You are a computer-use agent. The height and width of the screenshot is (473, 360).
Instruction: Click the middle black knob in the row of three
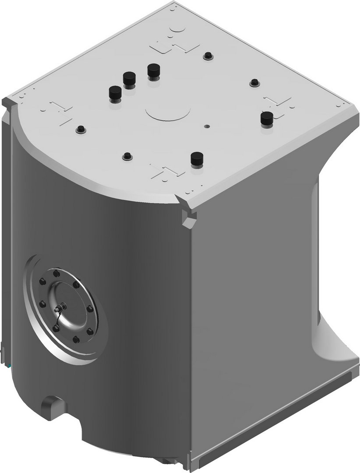pyautogui.click(x=128, y=79)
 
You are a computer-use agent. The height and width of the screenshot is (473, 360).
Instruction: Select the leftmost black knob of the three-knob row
pyautogui.click(x=115, y=92)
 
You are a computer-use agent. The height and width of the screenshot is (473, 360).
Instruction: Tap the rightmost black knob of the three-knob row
pyautogui.click(x=153, y=70)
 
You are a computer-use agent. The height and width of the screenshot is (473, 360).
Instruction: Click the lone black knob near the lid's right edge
pyautogui.click(x=266, y=118)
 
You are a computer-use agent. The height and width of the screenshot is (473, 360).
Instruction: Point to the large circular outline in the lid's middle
pyautogui.click(x=168, y=112)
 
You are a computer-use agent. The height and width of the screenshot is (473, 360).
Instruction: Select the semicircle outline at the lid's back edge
pyautogui.click(x=178, y=28)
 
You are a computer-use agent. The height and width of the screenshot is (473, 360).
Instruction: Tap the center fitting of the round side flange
pyautogui.click(x=63, y=306)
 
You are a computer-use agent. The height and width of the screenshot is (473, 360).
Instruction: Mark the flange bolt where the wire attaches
pyautogui.click(x=56, y=328)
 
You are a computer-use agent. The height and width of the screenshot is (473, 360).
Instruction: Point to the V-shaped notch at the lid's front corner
pyautogui.click(x=189, y=217)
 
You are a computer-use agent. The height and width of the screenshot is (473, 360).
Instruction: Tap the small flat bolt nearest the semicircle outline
pyautogui.click(x=208, y=56)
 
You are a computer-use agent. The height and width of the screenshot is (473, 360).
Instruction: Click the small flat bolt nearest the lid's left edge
pyautogui.click(x=80, y=130)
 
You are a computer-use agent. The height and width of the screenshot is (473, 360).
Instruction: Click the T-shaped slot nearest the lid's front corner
pyautogui.click(x=167, y=172)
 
